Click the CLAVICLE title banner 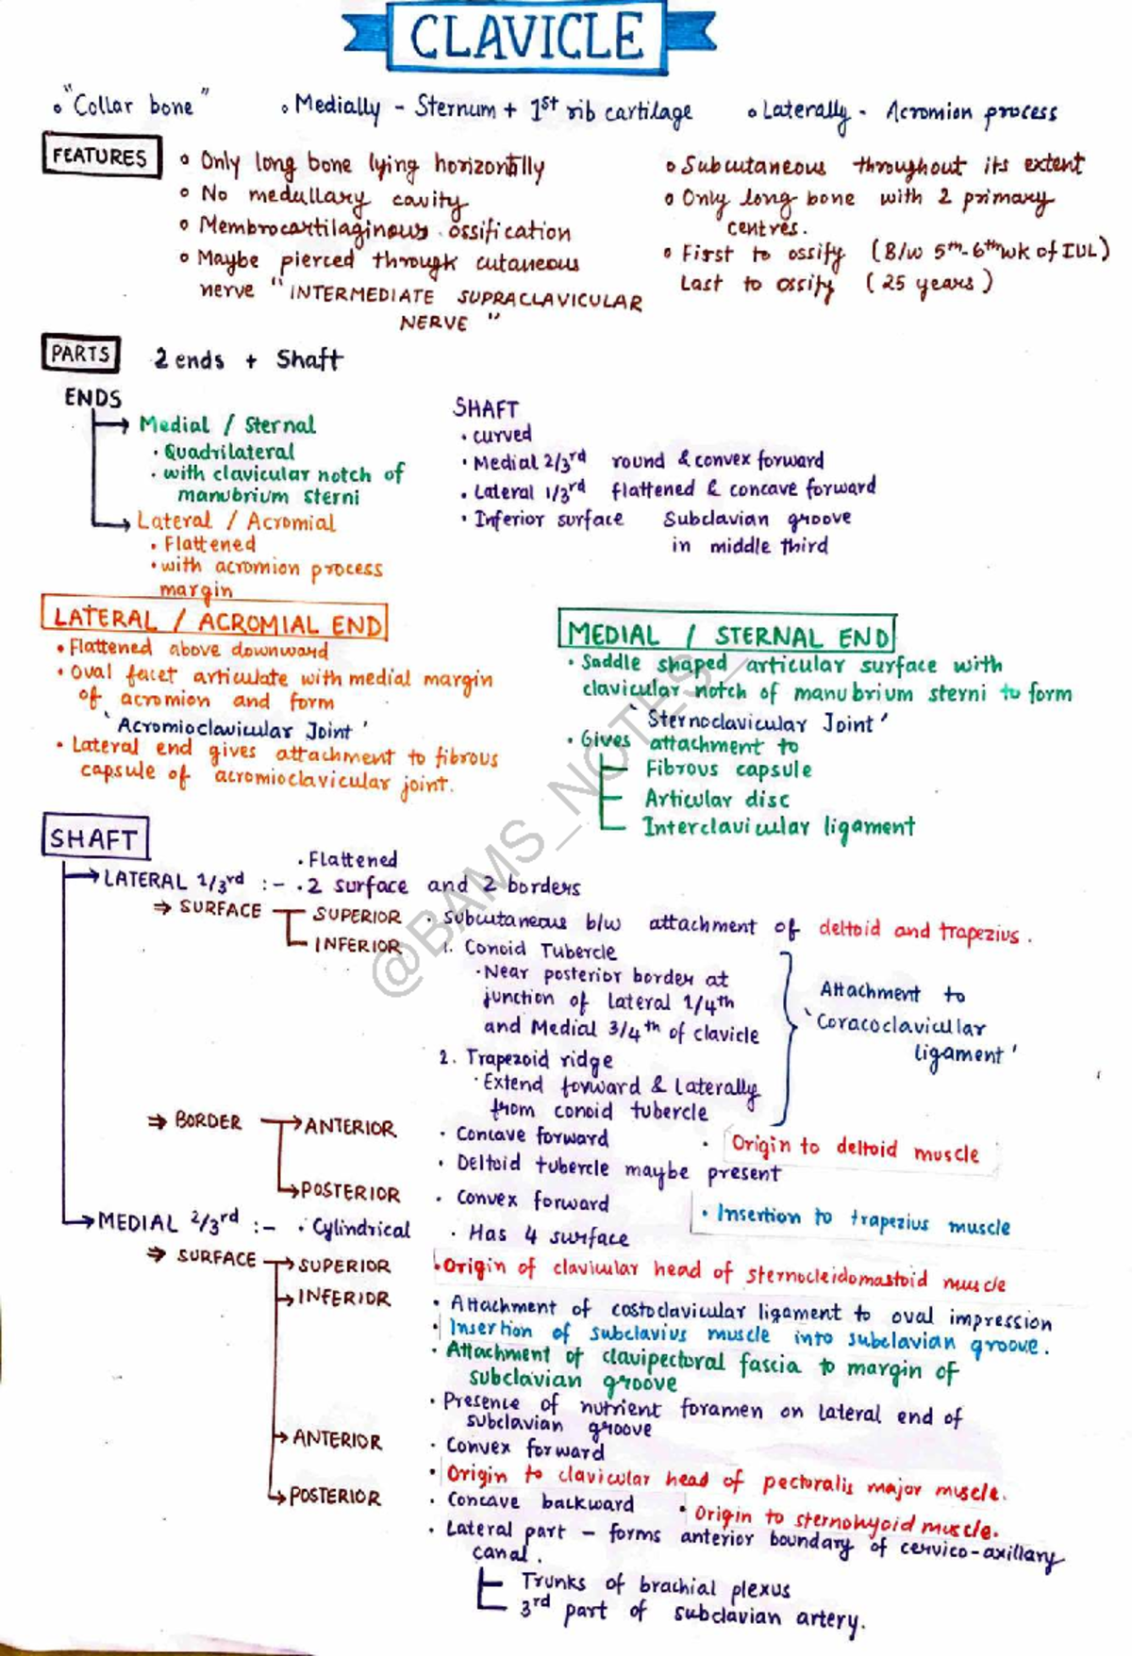pyautogui.click(x=527, y=37)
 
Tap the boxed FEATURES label pyautogui.click(x=100, y=156)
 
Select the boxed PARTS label pyautogui.click(x=80, y=354)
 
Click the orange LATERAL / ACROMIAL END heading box pyautogui.click(x=215, y=621)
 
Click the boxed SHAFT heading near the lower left pyautogui.click(x=94, y=837)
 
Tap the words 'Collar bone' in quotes pyautogui.click(x=133, y=106)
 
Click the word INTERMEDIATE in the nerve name pyautogui.click(x=361, y=295)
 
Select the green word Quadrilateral pyautogui.click(x=229, y=452)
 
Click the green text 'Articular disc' pyautogui.click(x=717, y=800)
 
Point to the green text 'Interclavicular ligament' pyautogui.click(x=779, y=827)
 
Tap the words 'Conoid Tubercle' pyautogui.click(x=540, y=950)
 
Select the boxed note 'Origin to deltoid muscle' pyautogui.click(x=855, y=1149)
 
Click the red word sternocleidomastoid pyautogui.click(x=836, y=1277)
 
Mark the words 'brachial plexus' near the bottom pyautogui.click(x=714, y=1587)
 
